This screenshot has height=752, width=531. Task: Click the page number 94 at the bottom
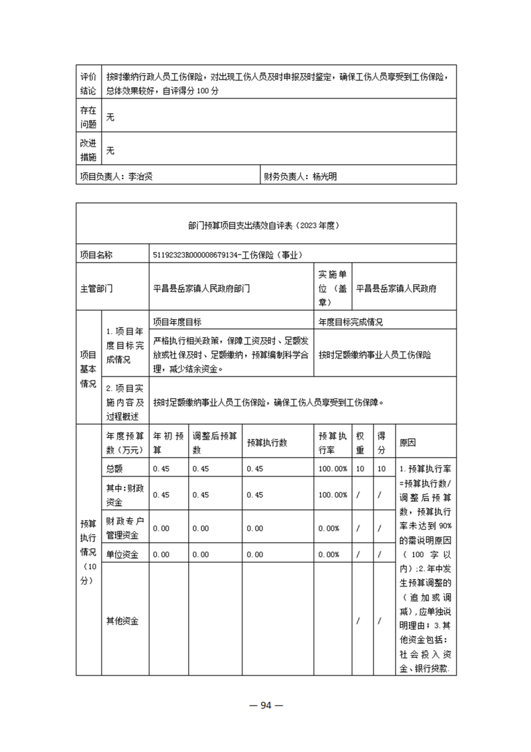click(265, 704)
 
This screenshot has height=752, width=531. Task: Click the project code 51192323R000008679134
click(204, 255)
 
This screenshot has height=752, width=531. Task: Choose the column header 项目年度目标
click(177, 322)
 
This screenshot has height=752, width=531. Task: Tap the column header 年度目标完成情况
click(351, 322)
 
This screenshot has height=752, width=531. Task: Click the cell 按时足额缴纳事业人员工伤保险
click(375, 353)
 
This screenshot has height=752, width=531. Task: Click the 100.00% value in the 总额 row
click(333, 468)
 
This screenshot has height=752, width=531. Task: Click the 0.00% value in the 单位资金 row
click(333, 554)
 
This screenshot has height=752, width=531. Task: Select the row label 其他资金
click(122, 621)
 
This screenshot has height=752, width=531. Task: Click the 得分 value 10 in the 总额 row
click(381, 468)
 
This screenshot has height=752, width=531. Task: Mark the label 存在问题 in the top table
click(88, 117)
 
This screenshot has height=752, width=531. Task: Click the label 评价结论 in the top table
click(88, 83)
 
